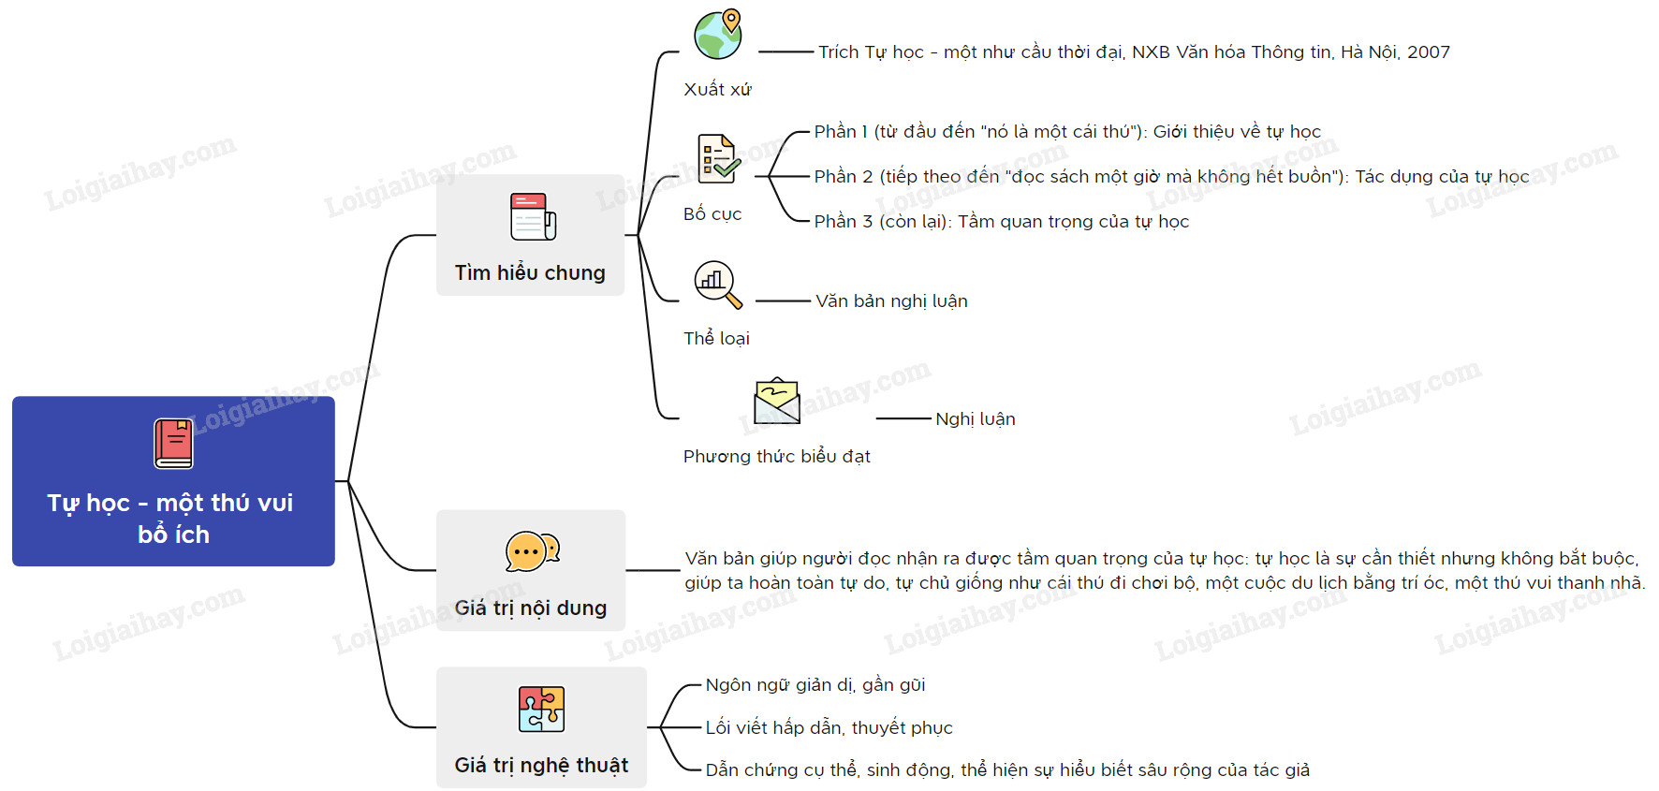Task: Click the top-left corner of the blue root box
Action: tap(12, 397)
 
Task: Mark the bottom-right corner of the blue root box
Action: tap(335, 566)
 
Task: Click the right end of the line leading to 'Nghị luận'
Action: tap(932, 418)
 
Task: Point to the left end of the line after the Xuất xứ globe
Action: tap(758, 52)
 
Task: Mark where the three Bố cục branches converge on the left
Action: tap(768, 176)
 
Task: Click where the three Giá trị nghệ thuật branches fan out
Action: tap(660, 727)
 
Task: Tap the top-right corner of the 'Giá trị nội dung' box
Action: tap(625, 510)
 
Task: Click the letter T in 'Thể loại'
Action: tap(689, 338)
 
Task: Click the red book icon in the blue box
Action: tap(173, 444)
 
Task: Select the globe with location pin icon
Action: tap(718, 35)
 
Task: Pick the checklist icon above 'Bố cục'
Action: tap(719, 158)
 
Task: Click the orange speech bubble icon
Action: tap(532, 551)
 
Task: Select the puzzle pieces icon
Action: tap(541, 709)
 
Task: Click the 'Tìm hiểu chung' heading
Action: tap(530, 272)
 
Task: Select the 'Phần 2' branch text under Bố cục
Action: tap(1171, 176)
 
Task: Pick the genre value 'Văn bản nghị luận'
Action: tap(891, 300)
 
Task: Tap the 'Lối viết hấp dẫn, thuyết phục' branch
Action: tap(829, 727)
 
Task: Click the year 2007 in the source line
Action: tap(1429, 52)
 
